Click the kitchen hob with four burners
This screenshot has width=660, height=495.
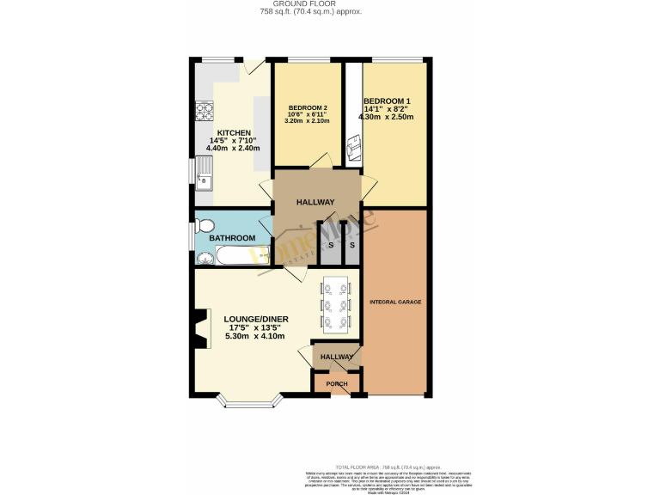pos(205,111)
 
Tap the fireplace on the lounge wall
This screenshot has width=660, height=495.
pos(199,329)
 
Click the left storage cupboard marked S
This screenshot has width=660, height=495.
pos(331,245)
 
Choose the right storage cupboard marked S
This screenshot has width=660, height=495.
pos(351,245)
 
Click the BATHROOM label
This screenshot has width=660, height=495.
pos(233,238)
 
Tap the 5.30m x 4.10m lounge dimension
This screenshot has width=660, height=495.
pos(257,335)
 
